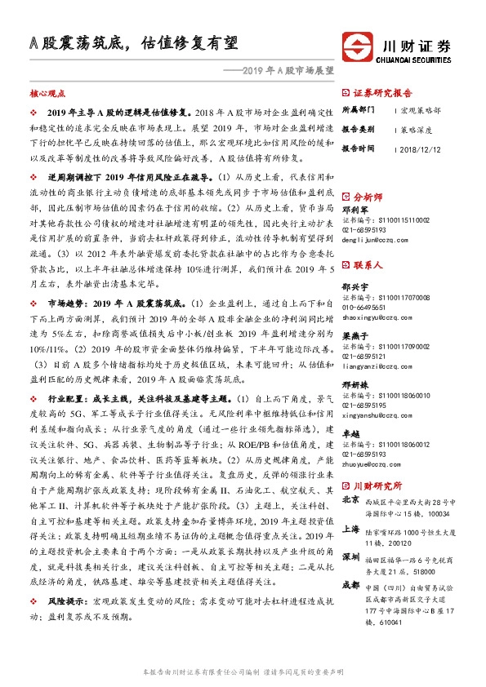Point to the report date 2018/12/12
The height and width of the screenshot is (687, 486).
click(x=421, y=148)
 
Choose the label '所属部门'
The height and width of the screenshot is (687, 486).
click(x=359, y=109)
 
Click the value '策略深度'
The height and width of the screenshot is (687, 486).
click(x=415, y=129)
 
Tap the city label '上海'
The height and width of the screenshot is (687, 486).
click(x=351, y=528)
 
